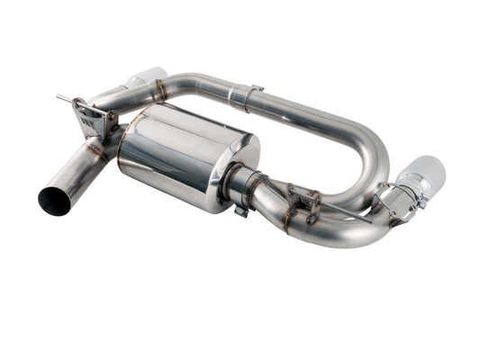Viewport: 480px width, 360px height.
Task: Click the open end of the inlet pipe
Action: click(x=55, y=200)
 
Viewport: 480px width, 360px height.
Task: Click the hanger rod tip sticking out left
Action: click(x=59, y=97)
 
